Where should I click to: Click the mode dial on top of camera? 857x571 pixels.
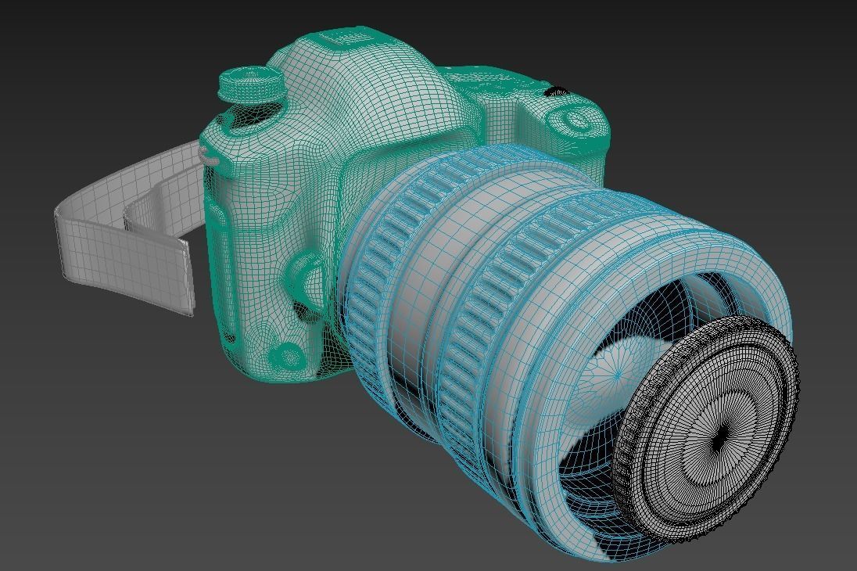click(x=250, y=82)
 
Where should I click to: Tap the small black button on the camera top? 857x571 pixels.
click(x=557, y=92)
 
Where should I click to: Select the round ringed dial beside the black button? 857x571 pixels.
click(x=575, y=120)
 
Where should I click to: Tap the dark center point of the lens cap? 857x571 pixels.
click(x=718, y=443)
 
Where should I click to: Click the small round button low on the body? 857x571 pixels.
click(x=289, y=356)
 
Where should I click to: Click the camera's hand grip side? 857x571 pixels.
click(x=235, y=250)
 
